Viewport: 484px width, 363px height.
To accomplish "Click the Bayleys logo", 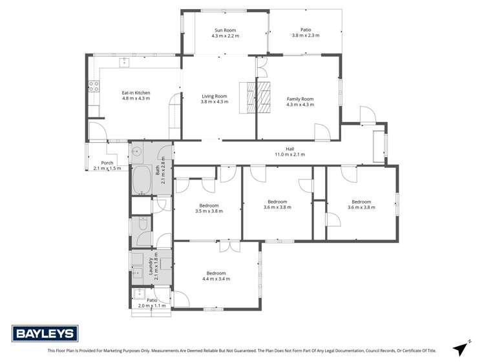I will pos(45,333).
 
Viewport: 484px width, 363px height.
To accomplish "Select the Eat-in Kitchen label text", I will pos(136,92).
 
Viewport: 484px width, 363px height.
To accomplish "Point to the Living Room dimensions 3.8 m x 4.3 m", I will pos(215,101).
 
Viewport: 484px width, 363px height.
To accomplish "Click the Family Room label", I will pos(300,98).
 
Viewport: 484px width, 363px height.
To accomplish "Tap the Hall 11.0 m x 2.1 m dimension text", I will pos(291,154).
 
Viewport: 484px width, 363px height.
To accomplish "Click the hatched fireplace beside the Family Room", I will pos(264,97).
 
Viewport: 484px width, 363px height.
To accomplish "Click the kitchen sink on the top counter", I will pos(123,63).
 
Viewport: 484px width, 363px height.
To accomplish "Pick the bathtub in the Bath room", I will pos(140,180).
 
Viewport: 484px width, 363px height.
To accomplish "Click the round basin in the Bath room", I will pos(136,152).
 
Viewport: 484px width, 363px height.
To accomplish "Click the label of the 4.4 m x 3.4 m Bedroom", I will pos(216,273).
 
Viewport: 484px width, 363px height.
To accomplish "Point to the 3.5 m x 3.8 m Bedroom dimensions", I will pos(209,211).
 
